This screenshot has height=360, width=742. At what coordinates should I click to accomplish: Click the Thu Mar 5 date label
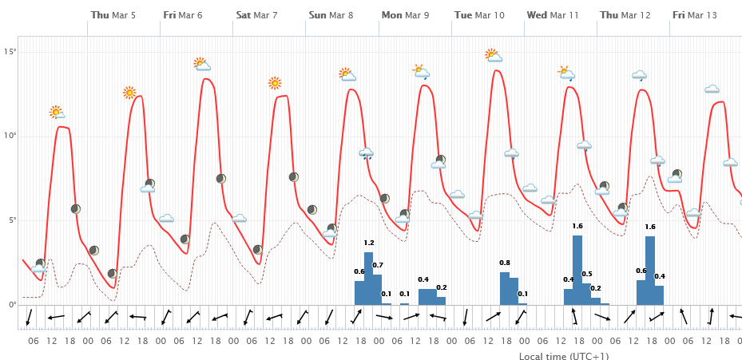(113, 15)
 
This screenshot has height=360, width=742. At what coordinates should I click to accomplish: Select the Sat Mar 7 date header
(256, 15)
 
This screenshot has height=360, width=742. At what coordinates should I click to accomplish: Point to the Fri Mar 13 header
(694, 15)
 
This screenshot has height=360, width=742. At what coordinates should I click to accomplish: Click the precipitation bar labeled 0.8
(505, 288)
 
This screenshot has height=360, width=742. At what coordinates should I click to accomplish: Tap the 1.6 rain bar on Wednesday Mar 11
(577, 270)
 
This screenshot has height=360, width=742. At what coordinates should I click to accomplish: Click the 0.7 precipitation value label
(378, 265)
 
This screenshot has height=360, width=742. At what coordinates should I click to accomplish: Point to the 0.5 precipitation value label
(587, 274)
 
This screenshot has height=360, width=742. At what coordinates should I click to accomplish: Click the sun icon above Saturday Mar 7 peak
(275, 82)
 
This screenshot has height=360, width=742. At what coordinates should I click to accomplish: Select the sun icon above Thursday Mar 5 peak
(129, 93)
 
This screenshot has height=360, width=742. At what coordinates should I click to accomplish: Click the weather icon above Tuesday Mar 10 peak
(494, 55)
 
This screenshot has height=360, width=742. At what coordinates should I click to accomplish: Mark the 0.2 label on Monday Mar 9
(442, 287)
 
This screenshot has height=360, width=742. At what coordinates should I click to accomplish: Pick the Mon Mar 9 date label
(405, 15)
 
